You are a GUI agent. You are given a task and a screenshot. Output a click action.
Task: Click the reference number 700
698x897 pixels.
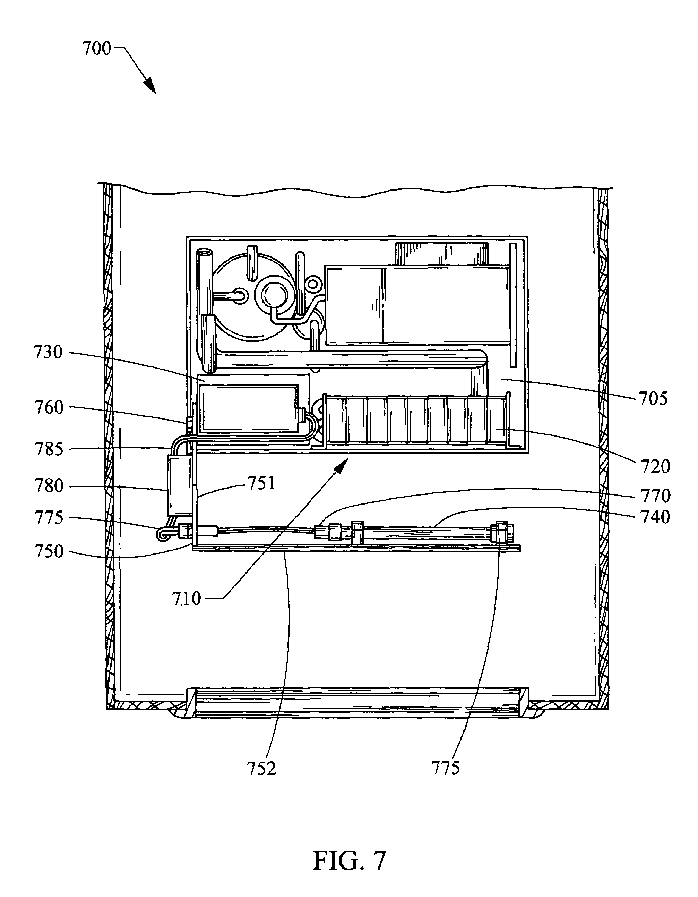pyautogui.click(x=97, y=49)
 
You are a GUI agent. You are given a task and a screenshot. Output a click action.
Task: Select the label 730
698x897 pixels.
pyautogui.click(x=49, y=353)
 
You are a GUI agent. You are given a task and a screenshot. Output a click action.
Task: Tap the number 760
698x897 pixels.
pyautogui.click(x=49, y=407)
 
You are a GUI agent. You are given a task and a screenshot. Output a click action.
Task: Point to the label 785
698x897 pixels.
pyautogui.click(x=49, y=449)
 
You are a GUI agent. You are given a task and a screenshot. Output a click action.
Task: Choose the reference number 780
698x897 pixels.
pyautogui.click(x=49, y=486)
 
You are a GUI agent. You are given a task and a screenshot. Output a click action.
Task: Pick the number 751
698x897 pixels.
pyautogui.click(x=261, y=483)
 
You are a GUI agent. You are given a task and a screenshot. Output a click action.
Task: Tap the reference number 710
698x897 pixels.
pyautogui.click(x=187, y=599)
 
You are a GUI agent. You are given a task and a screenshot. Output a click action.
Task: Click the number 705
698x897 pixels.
pyautogui.click(x=653, y=399)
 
